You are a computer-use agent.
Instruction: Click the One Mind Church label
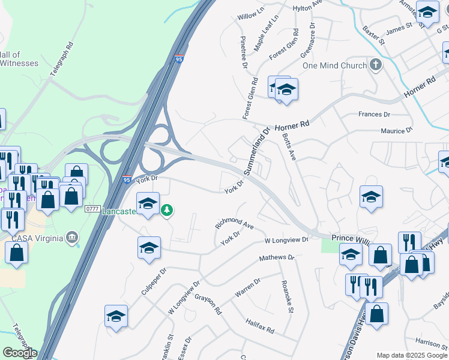click(334, 65)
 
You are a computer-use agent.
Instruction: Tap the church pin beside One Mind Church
click(376, 65)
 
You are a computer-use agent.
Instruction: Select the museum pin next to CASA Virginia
click(72, 238)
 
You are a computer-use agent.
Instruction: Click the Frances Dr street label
click(374, 114)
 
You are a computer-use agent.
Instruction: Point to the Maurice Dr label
click(397, 130)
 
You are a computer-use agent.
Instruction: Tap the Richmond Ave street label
click(235, 223)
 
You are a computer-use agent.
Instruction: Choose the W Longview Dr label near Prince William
click(286, 240)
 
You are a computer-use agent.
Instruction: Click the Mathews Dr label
click(277, 258)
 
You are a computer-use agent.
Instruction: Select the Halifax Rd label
click(259, 326)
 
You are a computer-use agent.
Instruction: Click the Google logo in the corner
click(20, 353)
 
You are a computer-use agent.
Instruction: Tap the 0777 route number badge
click(92, 208)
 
